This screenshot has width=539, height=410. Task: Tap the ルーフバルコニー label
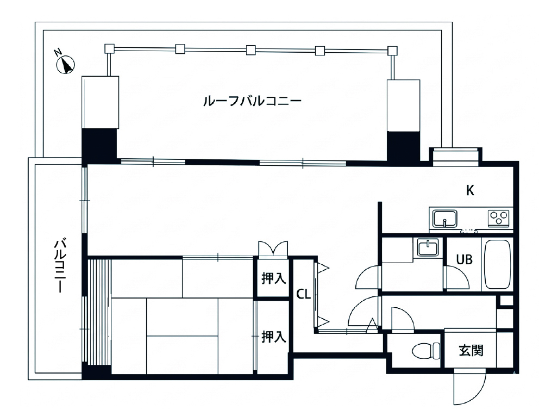(x=252, y=101)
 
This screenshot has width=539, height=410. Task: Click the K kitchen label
(x=470, y=190)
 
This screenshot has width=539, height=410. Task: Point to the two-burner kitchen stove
(x=499, y=218)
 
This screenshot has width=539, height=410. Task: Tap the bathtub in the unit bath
(x=497, y=264)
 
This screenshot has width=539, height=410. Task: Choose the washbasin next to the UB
(x=428, y=248)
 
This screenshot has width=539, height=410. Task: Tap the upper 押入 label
(x=273, y=278)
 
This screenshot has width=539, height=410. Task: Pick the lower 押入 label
(x=273, y=337)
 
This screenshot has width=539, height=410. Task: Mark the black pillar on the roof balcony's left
(x=99, y=144)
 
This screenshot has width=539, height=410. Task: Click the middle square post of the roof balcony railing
(x=250, y=51)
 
